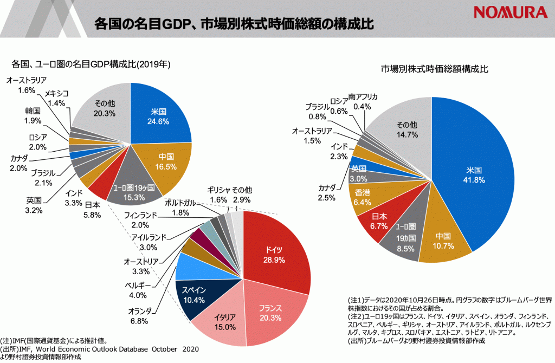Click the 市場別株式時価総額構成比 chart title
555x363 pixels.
[434, 69]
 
